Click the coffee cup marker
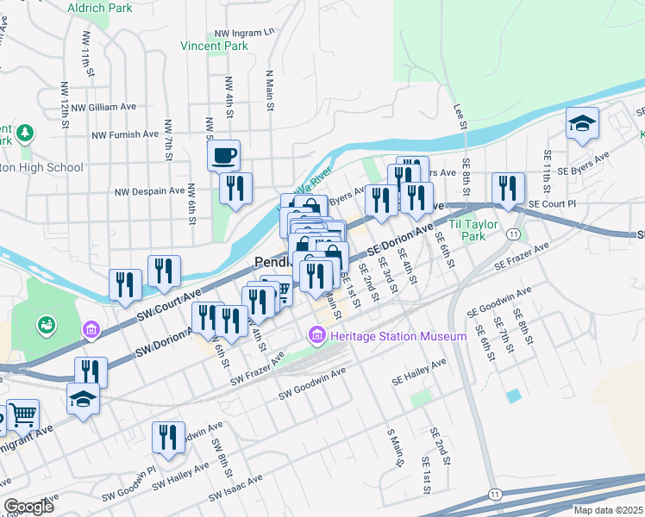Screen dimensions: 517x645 tap(224, 155)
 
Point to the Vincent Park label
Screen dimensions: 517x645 tap(215, 46)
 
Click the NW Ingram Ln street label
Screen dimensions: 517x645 tap(244, 31)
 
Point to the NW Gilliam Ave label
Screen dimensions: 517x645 tap(103, 107)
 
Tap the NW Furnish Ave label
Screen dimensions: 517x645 tap(125, 134)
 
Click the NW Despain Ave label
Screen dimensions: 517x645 tap(152, 190)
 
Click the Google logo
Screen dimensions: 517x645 tap(28, 507)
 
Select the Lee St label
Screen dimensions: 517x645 tap(461, 118)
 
